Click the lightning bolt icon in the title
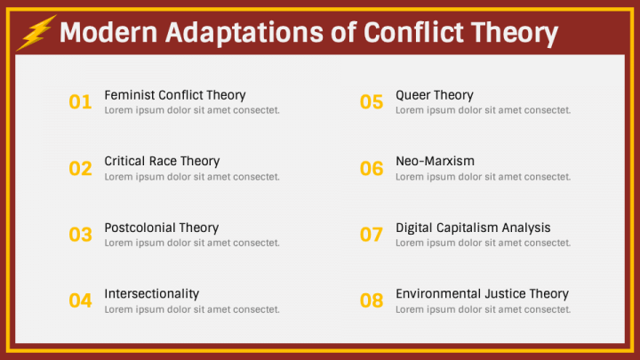click(36, 33)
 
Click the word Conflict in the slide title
click(415, 33)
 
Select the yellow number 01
click(80, 102)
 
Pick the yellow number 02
click(80, 168)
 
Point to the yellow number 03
click(80, 235)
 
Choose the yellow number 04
click(80, 300)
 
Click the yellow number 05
click(372, 102)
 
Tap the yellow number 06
click(372, 168)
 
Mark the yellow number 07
click(372, 235)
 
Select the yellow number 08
click(372, 300)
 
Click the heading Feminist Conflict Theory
click(175, 95)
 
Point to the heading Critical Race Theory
click(162, 161)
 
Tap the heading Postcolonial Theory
click(161, 228)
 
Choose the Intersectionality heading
click(152, 293)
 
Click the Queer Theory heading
click(435, 95)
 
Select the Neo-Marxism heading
click(435, 161)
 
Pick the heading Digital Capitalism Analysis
click(473, 228)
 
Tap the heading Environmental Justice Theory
click(482, 293)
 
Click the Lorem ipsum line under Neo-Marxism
click(483, 177)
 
